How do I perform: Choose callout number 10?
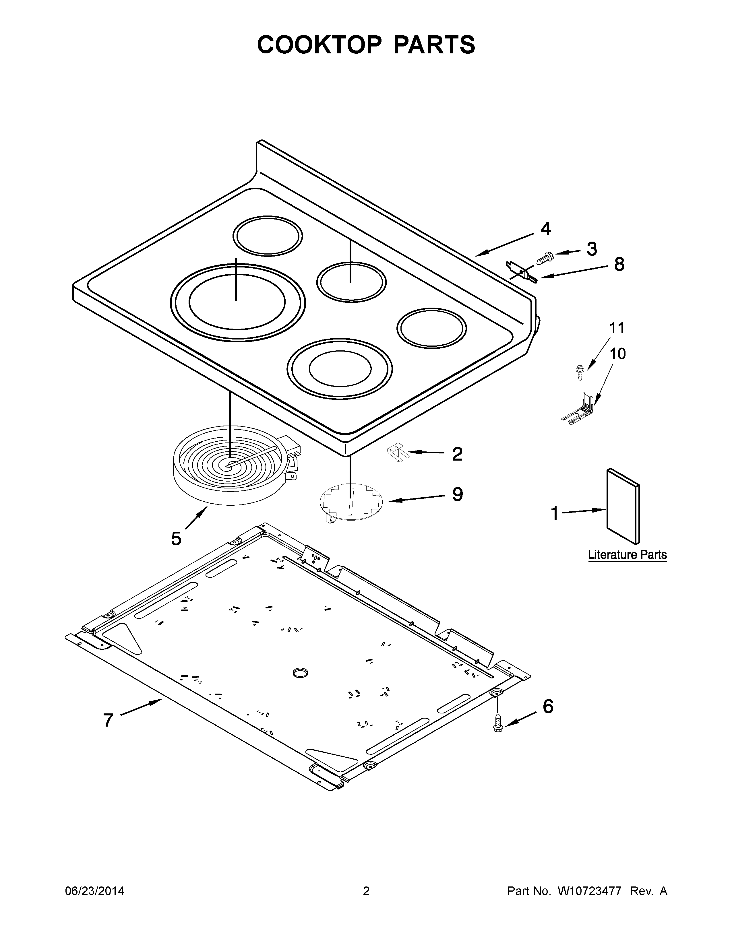tap(617, 354)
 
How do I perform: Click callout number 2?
tap(457, 454)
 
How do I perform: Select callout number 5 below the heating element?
tap(176, 539)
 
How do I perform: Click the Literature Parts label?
tap(627, 555)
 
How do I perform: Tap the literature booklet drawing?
tap(623, 506)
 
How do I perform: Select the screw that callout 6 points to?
tap(498, 723)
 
